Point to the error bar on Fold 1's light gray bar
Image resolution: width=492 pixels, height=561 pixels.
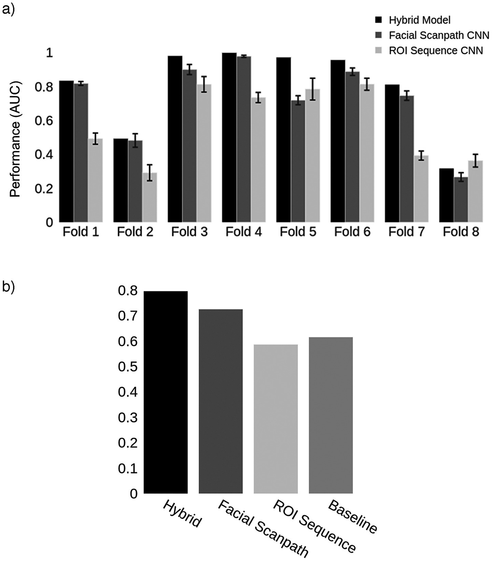pyautogui.click(x=95, y=139)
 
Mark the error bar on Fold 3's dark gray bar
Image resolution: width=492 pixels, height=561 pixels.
pyautogui.click(x=189, y=70)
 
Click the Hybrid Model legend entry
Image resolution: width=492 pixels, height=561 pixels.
pyautogui.click(x=419, y=20)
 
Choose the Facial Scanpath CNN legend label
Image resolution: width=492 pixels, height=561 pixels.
pyautogui.click(x=439, y=35)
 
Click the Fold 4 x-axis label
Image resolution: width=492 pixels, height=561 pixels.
pyautogui.click(x=243, y=232)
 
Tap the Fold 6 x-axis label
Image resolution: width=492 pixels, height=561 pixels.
pyautogui.click(x=352, y=232)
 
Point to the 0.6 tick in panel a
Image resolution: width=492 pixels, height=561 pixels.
pyautogui.click(x=44, y=121)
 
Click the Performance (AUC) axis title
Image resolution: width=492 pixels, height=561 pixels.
pyautogui.click(x=15, y=139)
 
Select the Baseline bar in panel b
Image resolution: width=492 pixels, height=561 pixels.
pyautogui.click(x=331, y=415)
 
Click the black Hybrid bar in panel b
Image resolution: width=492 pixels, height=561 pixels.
pyautogui.click(x=166, y=392)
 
